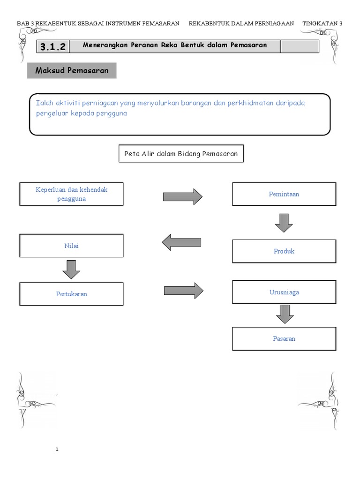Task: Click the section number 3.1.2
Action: tap(52, 46)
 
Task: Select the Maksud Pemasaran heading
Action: tap(72, 71)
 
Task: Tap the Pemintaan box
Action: tap(284, 194)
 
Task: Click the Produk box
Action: tap(284, 251)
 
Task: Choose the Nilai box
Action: tap(71, 246)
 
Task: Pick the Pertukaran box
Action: tap(71, 294)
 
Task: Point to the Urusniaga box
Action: tap(284, 292)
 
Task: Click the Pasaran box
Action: tap(284, 338)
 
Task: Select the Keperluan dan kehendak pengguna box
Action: tap(71, 194)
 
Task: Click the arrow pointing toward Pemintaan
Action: tap(182, 196)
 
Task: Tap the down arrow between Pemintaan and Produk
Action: tap(284, 223)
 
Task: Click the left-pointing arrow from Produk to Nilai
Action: tap(181, 242)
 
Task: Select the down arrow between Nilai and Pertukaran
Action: tap(71, 269)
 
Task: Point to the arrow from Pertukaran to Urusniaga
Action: tap(183, 291)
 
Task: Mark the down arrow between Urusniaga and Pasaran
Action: tap(285, 314)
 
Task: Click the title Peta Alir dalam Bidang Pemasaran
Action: tap(181, 154)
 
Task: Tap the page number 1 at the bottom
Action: tap(57, 450)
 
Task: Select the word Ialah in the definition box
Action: tap(45, 103)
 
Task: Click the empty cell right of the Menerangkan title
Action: tap(300, 46)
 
